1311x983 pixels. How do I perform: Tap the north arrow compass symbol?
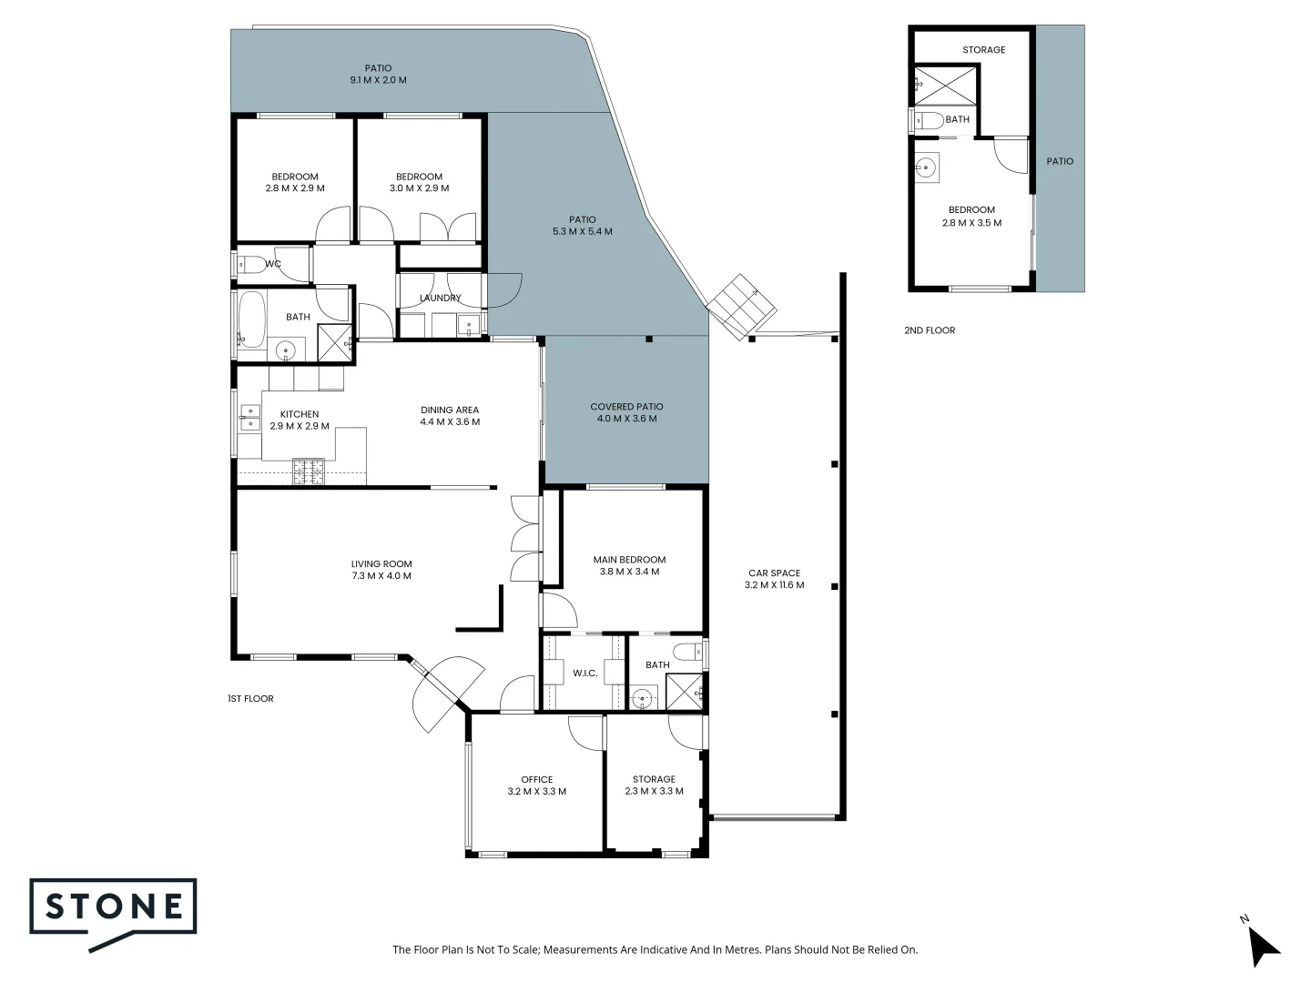[x=1263, y=944]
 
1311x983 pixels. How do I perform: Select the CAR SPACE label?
[x=774, y=573]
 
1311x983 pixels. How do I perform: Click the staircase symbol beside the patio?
[x=743, y=304]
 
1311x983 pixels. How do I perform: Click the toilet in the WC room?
[x=249, y=265]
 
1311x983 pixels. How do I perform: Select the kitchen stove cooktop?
[x=308, y=471]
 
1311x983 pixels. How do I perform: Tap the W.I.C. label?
[x=584, y=674]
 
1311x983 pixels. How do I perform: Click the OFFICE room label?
[x=536, y=779]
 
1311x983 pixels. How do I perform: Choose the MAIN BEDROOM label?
[x=629, y=560]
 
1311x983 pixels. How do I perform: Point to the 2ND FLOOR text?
[x=930, y=330]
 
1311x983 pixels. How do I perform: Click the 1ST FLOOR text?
[x=250, y=699]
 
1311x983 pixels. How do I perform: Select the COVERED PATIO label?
[x=626, y=407]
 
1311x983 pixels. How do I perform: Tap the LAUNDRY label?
[x=440, y=299]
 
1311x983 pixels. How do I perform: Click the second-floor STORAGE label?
[x=983, y=50]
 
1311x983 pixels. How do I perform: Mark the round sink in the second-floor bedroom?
[x=925, y=167]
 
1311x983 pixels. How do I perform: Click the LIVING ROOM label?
[x=381, y=563]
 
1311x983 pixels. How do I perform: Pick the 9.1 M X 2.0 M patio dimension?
[x=378, y=80]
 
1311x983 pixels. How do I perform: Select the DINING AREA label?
[x=450, y=410]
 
